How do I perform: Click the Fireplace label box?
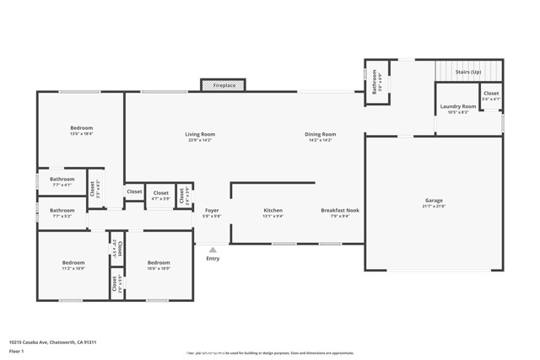(x=224, y=85)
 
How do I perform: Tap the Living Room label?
(x=200, y=134)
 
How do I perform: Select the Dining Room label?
(x=321, y=134)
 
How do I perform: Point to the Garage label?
(x=434, y=201)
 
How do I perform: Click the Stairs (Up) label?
(x=469, y=73)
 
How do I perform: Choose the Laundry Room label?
(x=458, y=107)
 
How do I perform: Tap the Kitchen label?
(x=273, y=210)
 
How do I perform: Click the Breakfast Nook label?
(x=340, y=210)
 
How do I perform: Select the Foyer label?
(x=213, y=210)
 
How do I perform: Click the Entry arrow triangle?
(x=213, y=250)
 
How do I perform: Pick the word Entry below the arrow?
(x=213, y=258)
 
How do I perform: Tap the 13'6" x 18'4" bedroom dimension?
(x=81, y=133)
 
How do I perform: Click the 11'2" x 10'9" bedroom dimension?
(x=73, y=268)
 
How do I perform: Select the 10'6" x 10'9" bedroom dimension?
(x=159, y=268)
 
